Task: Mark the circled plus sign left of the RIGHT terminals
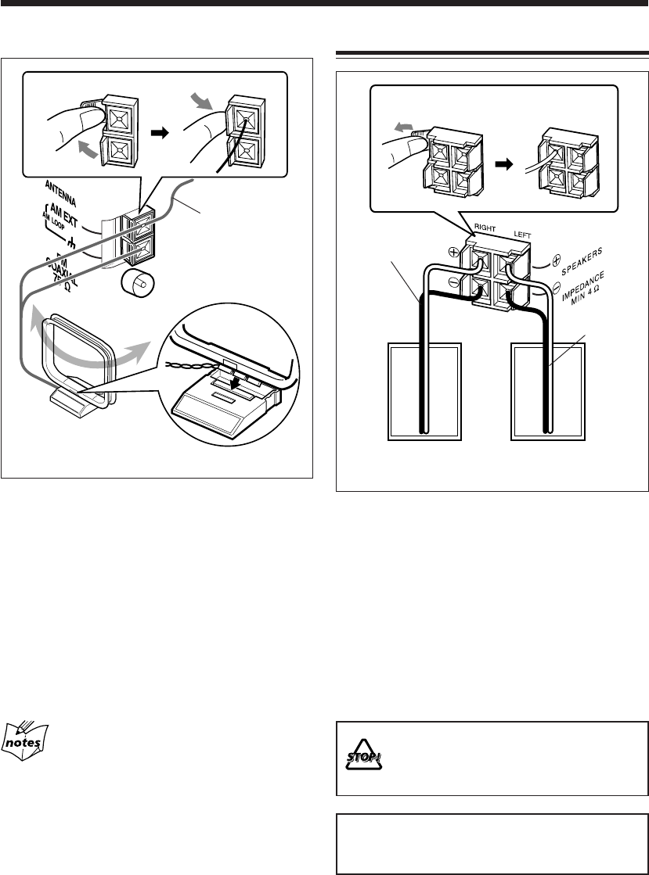click(453, 253)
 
